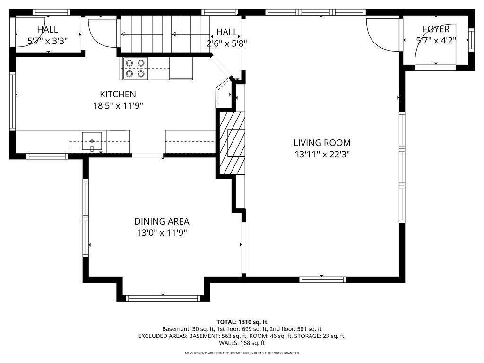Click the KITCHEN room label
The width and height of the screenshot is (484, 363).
point(118,95)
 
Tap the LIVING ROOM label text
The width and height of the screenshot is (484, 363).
point(322,143)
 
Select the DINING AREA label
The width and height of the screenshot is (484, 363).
point(162,221)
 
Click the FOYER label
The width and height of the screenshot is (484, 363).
point(436,29)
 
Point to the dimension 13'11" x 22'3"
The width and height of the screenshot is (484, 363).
point(322,154)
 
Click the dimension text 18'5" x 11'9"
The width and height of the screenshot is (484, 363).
point(118,106)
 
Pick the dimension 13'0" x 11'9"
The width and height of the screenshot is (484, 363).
point(162,233)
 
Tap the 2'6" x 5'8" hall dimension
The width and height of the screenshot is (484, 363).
point(227,43)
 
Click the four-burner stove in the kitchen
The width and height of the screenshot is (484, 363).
point(135,68)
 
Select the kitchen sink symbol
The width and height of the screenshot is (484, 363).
point(92,141)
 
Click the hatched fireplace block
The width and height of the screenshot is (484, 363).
point(232,142)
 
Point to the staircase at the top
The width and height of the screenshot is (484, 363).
point(165,34)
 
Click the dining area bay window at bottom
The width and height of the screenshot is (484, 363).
point(163,298)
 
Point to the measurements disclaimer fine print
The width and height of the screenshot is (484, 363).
point(242,353)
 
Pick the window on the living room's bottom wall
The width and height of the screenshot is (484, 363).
point(321,279)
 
